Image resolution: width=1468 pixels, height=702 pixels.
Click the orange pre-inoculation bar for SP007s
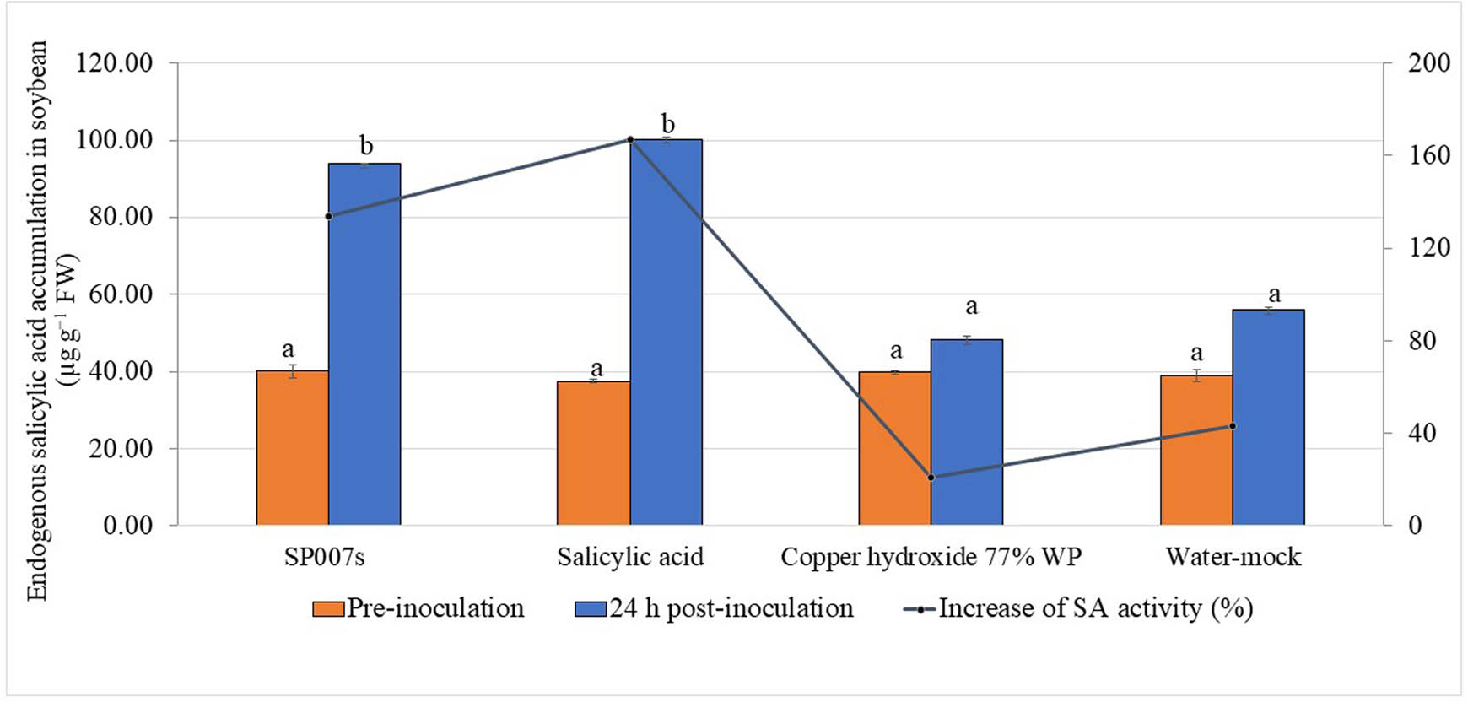click(292, 447)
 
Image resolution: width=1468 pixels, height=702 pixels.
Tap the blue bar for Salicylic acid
click(666, 332)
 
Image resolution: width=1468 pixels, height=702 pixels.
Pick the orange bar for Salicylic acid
click(593, 453)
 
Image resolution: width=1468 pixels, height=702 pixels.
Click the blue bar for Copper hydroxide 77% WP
click(967, 432)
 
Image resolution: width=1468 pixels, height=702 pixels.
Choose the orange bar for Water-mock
click(1196, 450)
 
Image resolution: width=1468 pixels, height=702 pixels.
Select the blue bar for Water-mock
click(1268, 417)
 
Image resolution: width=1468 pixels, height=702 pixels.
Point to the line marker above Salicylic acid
click(630, 140)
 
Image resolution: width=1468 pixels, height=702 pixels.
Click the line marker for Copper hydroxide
click(931, 478)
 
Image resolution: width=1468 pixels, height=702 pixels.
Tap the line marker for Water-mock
click(1233, 426)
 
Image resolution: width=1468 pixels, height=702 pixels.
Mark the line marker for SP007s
click(329, 216)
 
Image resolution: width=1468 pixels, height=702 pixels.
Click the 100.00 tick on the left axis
click(115, 140)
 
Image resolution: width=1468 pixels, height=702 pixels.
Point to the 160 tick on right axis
click(1428, 155)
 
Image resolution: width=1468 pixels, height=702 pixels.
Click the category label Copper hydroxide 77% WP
click(931, 557)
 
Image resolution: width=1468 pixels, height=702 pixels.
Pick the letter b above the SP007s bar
click(365, 145)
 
